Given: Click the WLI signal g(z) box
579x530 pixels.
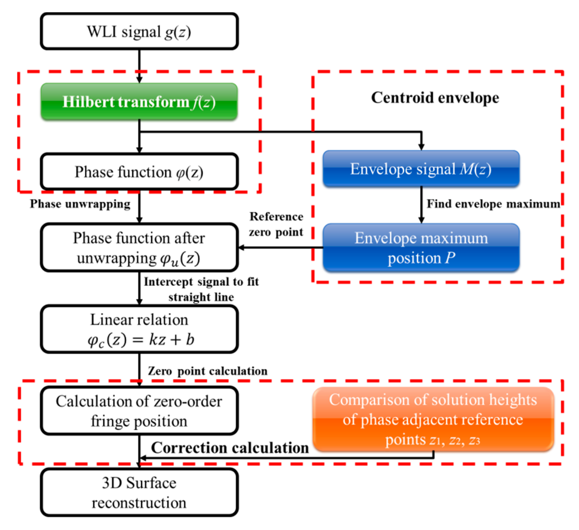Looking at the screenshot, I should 139,31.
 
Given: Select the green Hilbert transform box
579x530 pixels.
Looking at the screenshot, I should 139,102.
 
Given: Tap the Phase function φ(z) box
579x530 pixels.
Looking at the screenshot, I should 139,172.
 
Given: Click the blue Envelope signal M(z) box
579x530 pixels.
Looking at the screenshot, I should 421,169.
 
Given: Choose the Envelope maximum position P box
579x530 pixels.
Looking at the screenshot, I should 421,248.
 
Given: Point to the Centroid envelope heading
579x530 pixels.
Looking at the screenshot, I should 435,98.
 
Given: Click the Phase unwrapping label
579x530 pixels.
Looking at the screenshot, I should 80,204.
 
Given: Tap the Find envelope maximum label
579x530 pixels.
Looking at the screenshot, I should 493,204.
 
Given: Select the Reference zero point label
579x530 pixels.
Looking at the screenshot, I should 276,224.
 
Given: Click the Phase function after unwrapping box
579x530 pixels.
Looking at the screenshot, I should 139,248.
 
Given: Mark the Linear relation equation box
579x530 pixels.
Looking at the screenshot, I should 139,329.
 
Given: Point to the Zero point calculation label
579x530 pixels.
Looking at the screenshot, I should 207,371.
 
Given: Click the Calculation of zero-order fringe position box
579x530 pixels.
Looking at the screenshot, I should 139,411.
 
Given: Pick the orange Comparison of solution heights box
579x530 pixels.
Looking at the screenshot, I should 433,419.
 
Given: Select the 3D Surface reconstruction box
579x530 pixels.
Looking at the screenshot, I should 139,493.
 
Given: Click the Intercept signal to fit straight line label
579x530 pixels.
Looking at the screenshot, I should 201,289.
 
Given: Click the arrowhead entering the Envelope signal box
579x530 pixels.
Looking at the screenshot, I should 421,147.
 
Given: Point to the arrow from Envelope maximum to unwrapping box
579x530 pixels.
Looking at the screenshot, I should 280,248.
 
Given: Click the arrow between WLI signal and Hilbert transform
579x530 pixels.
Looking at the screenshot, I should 139,66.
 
